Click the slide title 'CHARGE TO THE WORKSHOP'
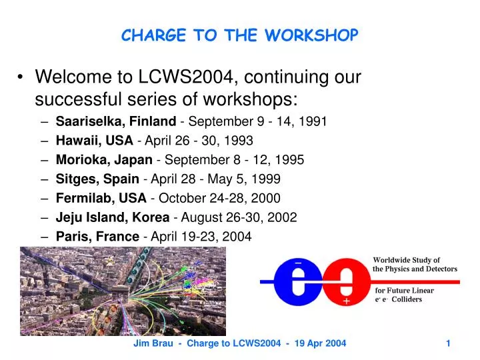click(x=239, y=35)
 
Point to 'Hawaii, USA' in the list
click(x=94, y=141)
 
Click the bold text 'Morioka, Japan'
click(x=104, y=160)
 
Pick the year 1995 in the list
click(x=291, y=160)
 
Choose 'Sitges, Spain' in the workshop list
click(x=97, y=179)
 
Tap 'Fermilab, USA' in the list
click(x=101, y=198)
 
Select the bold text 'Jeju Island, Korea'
click(x=112, y=217)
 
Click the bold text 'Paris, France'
click(x=97, y=236)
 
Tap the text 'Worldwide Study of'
click(x=406, y=260)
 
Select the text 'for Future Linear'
click(x=404, y=291)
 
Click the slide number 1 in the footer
click(x=449, y=343)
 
